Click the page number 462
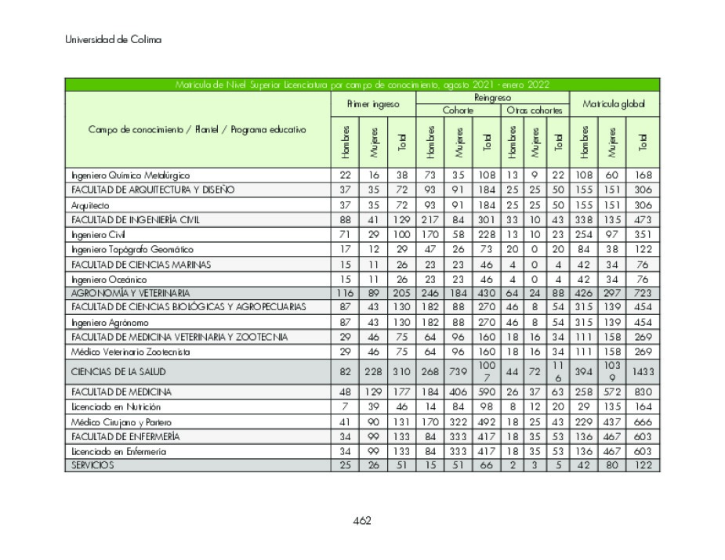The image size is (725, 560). pos(362,521)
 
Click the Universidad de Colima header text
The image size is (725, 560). pos(113,40)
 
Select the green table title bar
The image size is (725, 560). pos(362,85)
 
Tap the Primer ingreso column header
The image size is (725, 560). pos(372,103)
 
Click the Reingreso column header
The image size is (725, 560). pos(492,97)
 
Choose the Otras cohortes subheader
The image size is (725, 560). pos(535,110)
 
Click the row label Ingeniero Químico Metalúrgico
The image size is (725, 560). pos(131,175)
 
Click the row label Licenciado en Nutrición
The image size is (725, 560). pos(116,406)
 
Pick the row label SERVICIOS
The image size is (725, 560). pos(92,465)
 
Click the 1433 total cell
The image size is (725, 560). pos(643,371)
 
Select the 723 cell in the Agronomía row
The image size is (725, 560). pos(643,293)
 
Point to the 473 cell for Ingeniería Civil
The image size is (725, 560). pos(643,219)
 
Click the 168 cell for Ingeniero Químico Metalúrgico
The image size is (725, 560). pos(643,175)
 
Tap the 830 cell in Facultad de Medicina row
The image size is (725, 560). pos(643,392)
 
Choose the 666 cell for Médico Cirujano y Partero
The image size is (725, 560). pos(643,421)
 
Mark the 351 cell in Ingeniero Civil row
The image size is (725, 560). pos(643,234)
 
